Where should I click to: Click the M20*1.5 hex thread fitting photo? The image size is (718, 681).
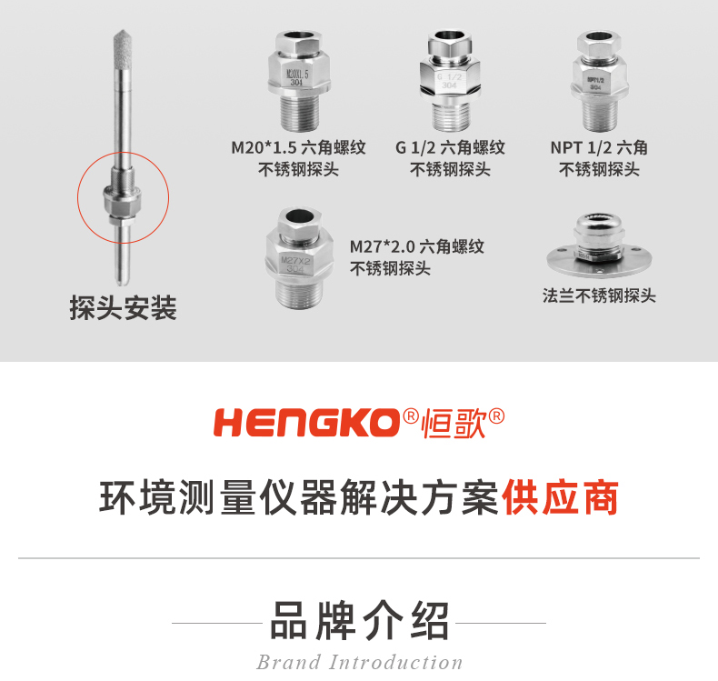point(296,81)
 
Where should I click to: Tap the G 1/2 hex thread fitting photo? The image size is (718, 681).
point(450,81)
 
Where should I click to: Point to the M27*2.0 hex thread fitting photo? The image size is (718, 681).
point(295,255)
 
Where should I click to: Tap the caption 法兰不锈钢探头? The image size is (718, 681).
point(599,295)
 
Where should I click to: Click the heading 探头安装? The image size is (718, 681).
point(123,308)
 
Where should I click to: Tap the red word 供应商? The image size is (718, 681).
point(561,498)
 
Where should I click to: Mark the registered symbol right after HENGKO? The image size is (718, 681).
point(411,416)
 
